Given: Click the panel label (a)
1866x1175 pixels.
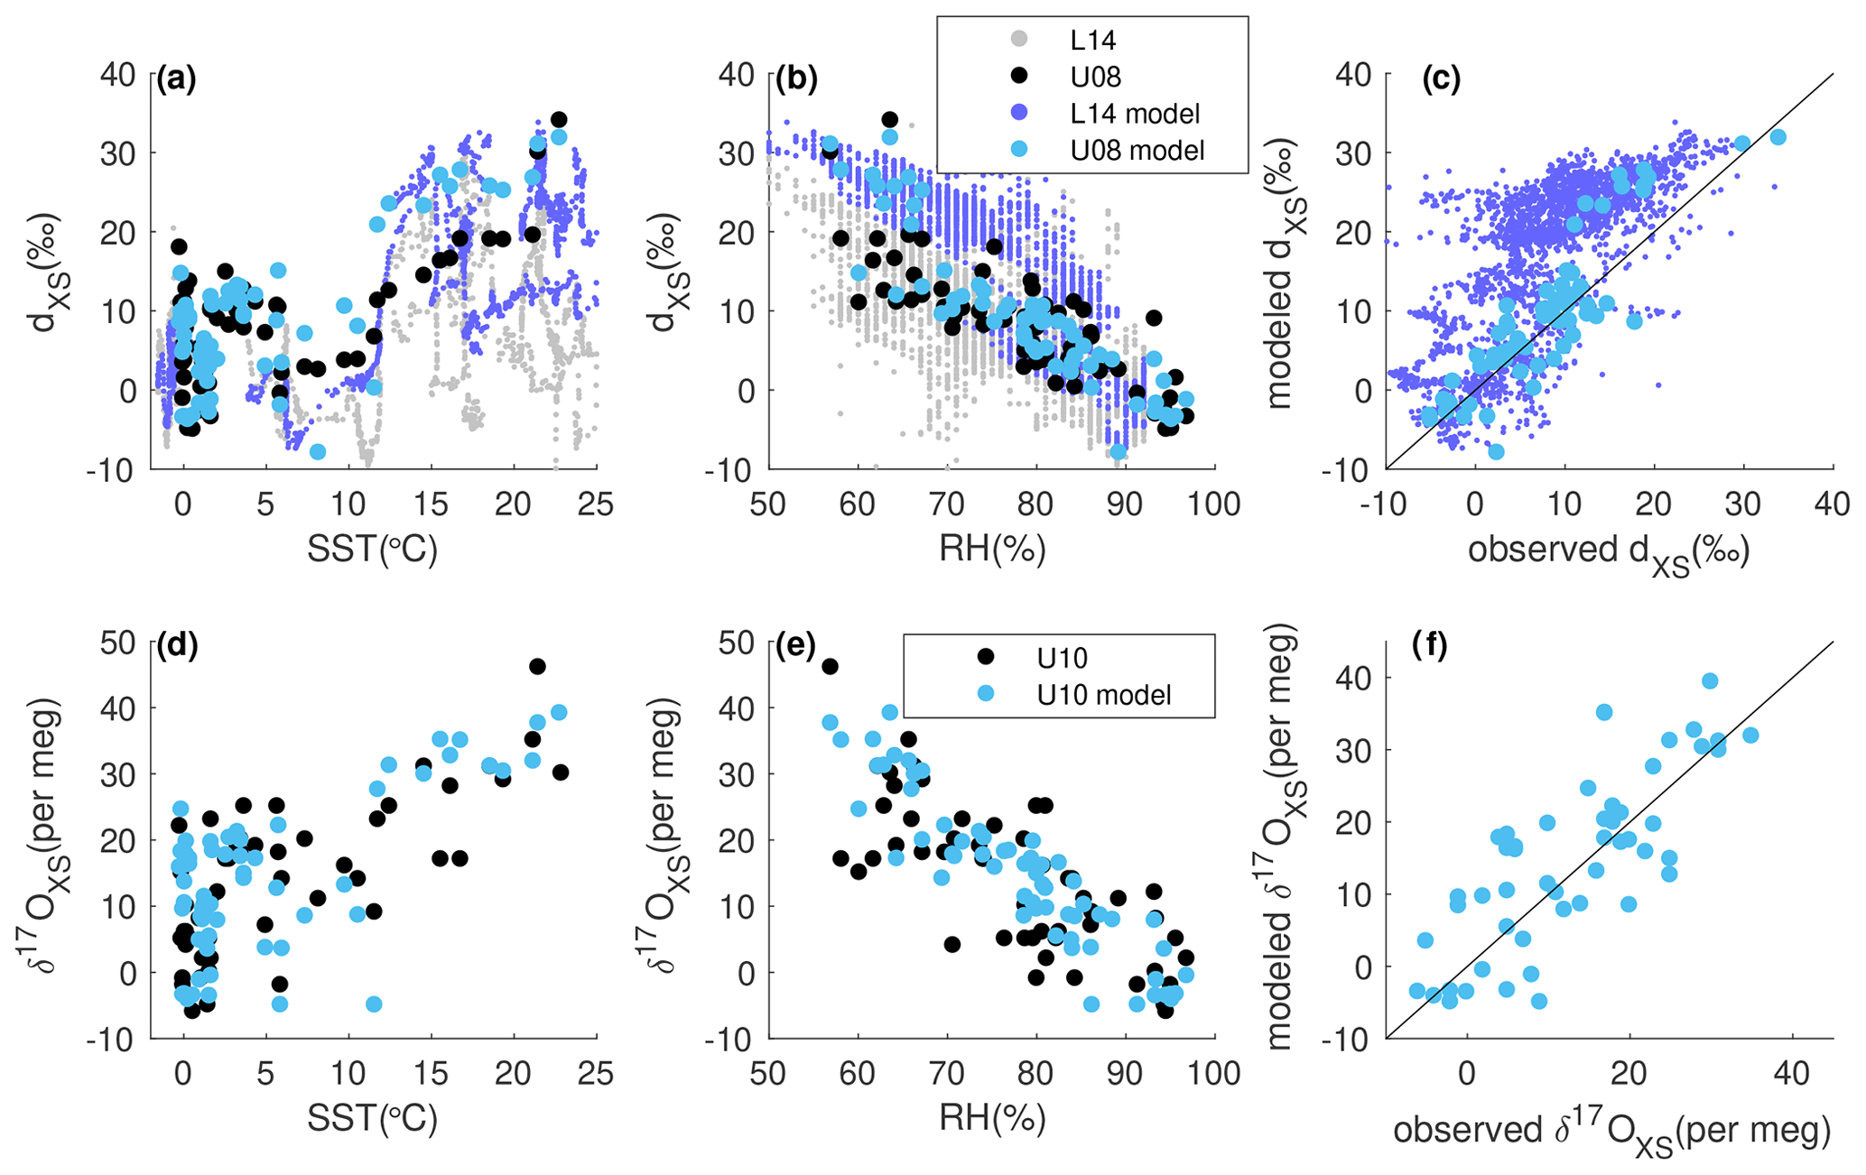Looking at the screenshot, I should tap(176, 81).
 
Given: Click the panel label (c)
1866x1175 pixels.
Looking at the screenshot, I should tap(1441, 81).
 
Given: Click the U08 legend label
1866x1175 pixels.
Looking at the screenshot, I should tap(1095, 77).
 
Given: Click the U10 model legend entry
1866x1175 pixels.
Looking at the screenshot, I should tap(1104, 694).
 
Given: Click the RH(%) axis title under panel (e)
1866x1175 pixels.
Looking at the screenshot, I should tap(992, 1119).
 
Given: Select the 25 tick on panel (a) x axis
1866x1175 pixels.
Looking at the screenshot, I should tap(595, 504).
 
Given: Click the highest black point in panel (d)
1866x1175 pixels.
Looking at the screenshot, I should tap(537, 666).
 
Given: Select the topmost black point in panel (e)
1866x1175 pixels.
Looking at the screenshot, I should tap(830, 666).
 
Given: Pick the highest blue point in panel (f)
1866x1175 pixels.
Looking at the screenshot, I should tap(1710, 681).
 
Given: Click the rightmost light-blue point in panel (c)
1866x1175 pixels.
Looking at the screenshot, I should tap(1778, 137).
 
